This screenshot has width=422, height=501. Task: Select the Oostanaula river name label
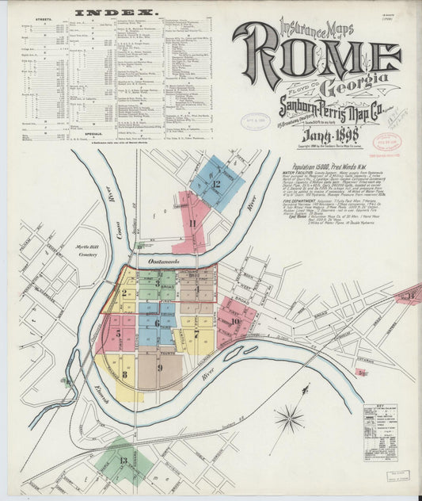(166, 261)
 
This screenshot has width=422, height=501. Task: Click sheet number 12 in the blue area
(215, 184)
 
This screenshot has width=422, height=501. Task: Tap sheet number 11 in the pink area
(192, 224)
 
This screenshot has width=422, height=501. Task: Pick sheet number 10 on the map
(235, 321)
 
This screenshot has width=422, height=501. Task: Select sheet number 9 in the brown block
(159, 368)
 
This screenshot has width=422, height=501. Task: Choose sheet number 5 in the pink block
(120, 334)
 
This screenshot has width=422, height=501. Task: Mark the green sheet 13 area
(124, 461)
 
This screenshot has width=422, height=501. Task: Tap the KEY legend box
(380, 432)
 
